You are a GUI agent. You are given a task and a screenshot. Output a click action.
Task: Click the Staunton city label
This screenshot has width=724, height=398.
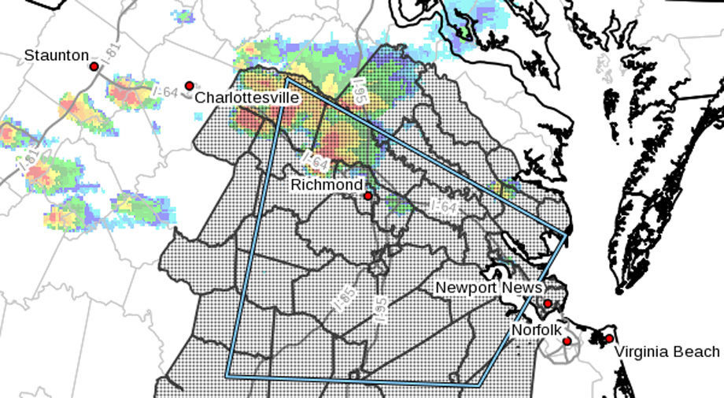click(56, 55)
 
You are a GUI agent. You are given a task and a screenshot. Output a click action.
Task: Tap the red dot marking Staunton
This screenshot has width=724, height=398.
click(94, 67)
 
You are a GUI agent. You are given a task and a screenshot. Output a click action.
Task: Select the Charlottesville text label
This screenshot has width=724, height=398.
click(246, 98)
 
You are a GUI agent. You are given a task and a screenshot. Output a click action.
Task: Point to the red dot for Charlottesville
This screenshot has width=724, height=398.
click(189, 85)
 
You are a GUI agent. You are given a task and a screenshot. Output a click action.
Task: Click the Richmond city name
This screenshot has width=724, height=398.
click(327, 184)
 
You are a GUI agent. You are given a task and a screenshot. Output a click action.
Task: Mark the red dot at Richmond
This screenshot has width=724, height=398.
click(368, 195)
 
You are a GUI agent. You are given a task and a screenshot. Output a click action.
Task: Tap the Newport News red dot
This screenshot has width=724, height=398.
click(548, 303)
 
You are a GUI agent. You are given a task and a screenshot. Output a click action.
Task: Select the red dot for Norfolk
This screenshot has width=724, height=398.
click(567, 340)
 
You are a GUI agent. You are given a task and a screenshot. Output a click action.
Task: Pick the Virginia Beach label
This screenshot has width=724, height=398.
click(667, 352)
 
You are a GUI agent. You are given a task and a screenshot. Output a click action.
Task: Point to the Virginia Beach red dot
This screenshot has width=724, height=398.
click(609, 338)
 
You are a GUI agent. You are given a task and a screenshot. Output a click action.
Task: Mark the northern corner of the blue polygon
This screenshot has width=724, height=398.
click(287, 79)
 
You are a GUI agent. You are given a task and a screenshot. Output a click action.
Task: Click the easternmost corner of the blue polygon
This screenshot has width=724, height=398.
click(566, 233)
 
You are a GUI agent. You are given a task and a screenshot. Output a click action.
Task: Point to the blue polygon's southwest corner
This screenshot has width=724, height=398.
click(227, 376)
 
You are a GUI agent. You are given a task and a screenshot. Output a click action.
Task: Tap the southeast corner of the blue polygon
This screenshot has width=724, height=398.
click(479, 385)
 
